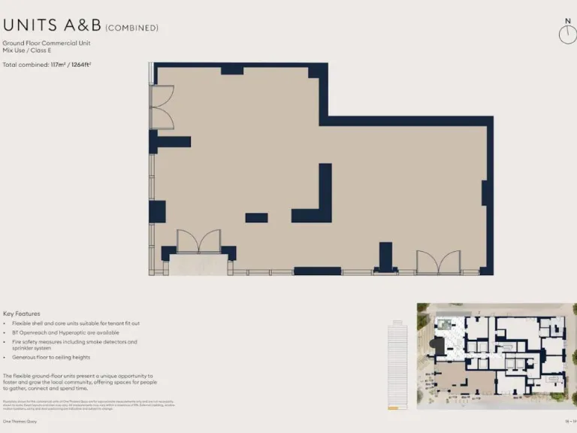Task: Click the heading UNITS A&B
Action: (x=52, y=26)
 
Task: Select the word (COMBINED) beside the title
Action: (x=132, y=28)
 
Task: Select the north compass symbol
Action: (x=567, y=33)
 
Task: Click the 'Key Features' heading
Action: (x=22, y=313)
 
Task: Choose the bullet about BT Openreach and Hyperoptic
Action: (x=65, y=332)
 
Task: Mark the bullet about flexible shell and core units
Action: (x=76, y=323)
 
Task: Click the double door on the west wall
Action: (x=162, y=107)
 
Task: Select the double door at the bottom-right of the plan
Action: (x=439, y=262)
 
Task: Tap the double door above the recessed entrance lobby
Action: (x=198, y=241)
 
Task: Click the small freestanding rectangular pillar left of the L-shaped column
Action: (x=256, y=218)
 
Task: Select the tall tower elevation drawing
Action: (x=397, y=365)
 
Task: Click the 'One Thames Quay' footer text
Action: (x=20, y=422)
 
